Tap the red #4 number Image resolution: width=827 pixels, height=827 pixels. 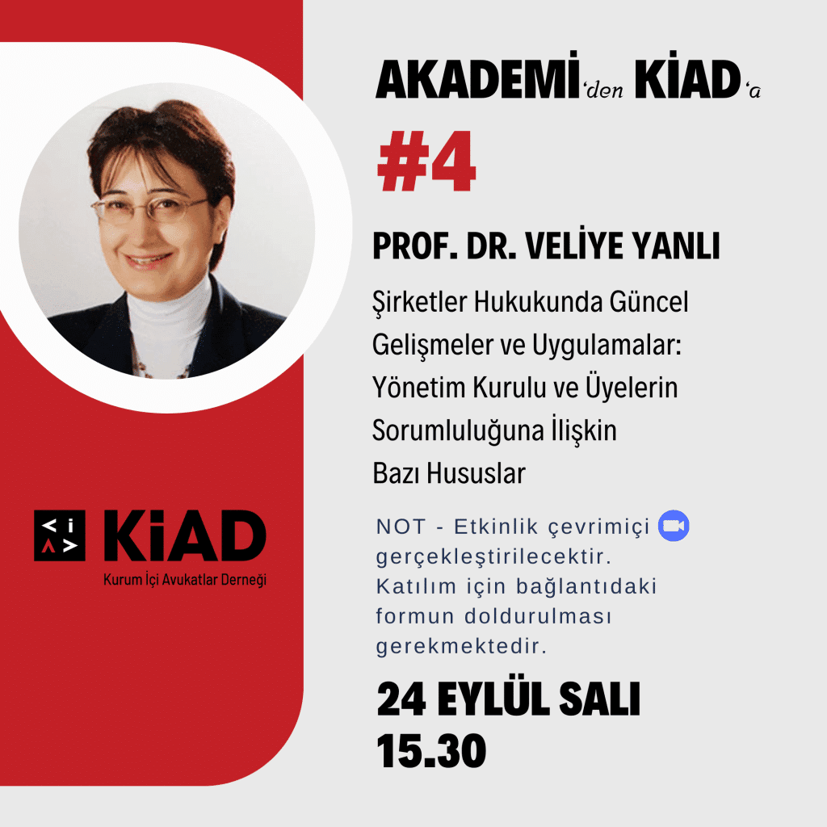coord(427,161)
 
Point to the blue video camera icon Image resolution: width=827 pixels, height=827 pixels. coord(674,526)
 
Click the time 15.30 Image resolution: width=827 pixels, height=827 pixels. coord(431,751)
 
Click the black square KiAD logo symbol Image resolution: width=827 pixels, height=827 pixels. coord(60,535)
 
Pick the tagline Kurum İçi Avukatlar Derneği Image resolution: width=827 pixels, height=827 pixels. coord(185,580)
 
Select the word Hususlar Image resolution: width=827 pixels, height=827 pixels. coord(476,473)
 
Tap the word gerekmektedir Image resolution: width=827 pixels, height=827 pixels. coord(461,646)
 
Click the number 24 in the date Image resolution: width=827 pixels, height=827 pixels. coord(401,699)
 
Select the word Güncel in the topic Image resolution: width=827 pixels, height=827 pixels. coord(649,302)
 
